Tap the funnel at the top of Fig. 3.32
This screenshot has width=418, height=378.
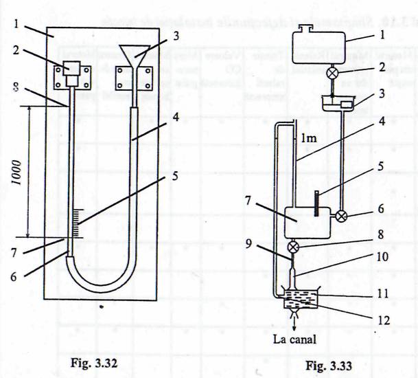[135, 52]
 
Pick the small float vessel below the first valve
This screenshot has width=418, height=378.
[340, 104]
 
